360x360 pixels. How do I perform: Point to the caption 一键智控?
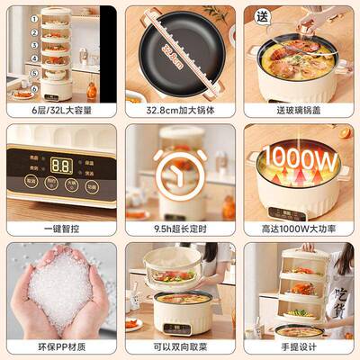[x=60, y=229]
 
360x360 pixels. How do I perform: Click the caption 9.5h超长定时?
[x=180, y=229]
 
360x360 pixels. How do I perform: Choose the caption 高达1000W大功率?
[x=299, y=229]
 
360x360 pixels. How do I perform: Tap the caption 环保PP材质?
[x=60, y=348]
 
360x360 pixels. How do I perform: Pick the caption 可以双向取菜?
[x=180, y=348]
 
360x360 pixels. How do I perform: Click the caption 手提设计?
[x=299, y=348]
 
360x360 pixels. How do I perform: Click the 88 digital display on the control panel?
[x=61, y=166]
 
